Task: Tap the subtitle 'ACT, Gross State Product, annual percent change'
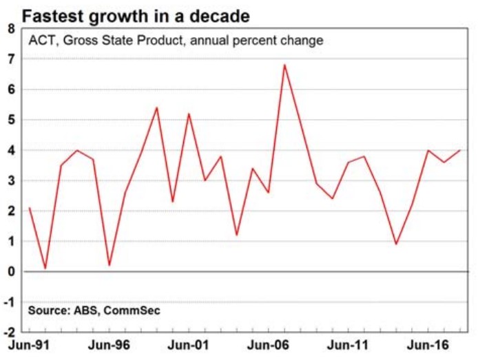(x=176, y=41)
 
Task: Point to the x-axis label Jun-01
(x=187, y=349)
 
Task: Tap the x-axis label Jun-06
(x=267, y=349)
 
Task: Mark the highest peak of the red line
(x=284, y=65)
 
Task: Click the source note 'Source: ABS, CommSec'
(x=94, y=310)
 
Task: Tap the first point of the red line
(x=30, y=208)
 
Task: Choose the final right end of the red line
(x=459, y=150)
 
